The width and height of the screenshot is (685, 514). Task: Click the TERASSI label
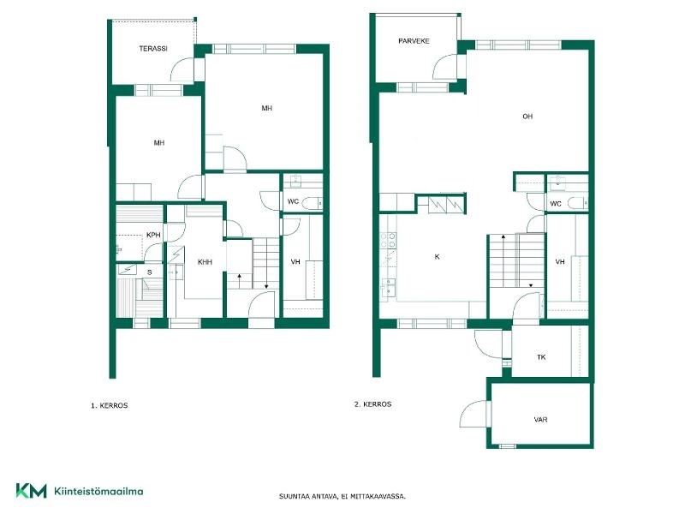[x=153, y=49]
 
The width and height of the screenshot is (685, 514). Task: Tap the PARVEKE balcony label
[x=414, y=41]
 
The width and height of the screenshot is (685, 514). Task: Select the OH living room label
[x=527, y=117]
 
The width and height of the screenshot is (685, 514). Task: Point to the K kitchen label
[x=437, y=257]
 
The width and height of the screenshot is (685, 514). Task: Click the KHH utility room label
[x=205, y=262]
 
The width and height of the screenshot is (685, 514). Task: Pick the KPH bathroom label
[x=153, y=235]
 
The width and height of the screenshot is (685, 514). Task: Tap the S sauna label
[x=149, y=272]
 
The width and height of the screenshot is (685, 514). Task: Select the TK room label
[x=541, y=357]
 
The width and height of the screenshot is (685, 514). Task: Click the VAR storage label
[x=540, y=420]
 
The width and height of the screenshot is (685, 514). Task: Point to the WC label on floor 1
[x=293, y=201]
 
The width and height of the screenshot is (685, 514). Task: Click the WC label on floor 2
[x=555, y=204]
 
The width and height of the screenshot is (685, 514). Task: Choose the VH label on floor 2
[x=560, y=262]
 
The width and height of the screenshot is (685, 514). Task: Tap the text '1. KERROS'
[x=110, y=405]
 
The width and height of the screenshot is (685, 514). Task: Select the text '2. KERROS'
[x=372, y=404]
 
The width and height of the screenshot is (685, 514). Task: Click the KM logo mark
[x=31, y=491]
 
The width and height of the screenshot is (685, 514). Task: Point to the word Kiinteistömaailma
[x=98, y=491]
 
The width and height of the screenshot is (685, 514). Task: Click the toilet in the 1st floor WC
[x=313, y=203]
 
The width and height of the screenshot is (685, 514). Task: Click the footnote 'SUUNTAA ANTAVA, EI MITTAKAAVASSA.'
[x=342, y=496]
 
